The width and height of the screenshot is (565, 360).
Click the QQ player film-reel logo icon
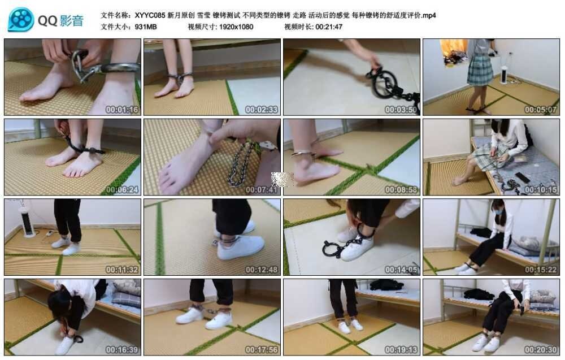pyautogui.click(x=21, y=19)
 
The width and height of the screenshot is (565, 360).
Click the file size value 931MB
pyautogui.click(x=146, y=27)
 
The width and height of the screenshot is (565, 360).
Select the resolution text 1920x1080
pyautogui.click(x=236, y=27)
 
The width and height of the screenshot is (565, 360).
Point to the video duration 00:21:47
pyautogui.click(x=329, y=27)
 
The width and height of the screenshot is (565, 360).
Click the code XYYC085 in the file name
pyautogui.click(x=150, y=15)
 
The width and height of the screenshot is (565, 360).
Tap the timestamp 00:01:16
pyautogui.click(x=122, y=110)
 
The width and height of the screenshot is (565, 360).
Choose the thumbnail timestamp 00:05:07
pyautogui.click(x=541, y=110)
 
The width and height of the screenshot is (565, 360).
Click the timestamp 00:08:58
pyautogui.click(x=401, y=189)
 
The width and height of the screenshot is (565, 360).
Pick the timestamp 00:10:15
pyautogui.click(x=541, y=189)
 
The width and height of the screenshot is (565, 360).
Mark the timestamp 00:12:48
pyautogui.click(x=262, y=270)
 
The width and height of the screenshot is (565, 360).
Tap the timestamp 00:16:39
pyautogui.click(x=122, y=350)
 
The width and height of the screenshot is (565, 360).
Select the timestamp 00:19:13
pyautogui.click(x=401, y=350)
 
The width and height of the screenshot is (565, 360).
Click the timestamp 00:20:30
pyautogui.click(x=541, y=350)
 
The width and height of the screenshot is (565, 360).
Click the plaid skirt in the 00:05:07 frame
pyautogui.click(x=480, y=70)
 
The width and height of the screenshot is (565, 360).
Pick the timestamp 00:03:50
pyautogui.click(x=401, y=110)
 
